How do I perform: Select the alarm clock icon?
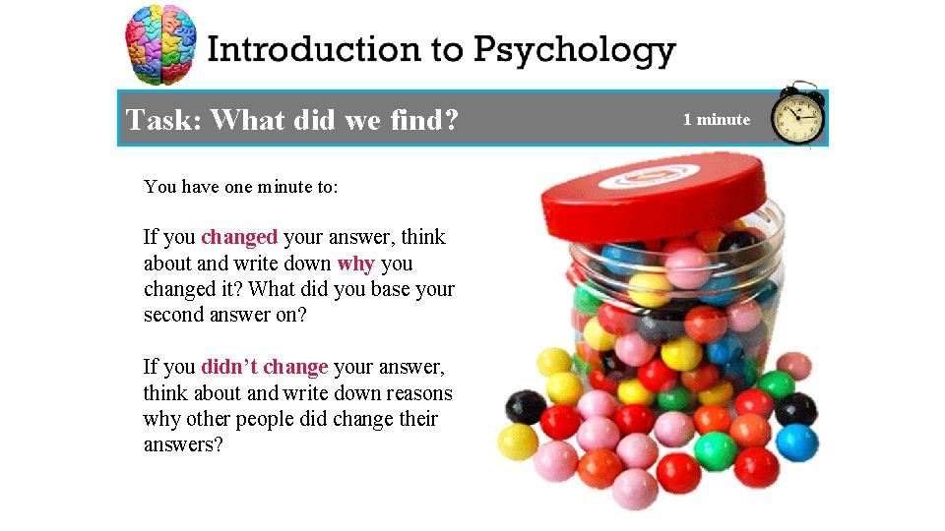point(797,116)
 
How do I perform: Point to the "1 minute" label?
point(717,120)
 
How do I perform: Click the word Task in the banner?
point(162,120)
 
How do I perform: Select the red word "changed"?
point(239,237)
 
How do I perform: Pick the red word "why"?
point(355,264)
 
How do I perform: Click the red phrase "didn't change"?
point(264,367)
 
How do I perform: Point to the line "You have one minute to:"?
point(241,186)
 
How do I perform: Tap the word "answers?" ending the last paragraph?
point(183,444)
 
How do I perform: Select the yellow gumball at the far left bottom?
point(518,442)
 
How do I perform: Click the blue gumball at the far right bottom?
point(796,442)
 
